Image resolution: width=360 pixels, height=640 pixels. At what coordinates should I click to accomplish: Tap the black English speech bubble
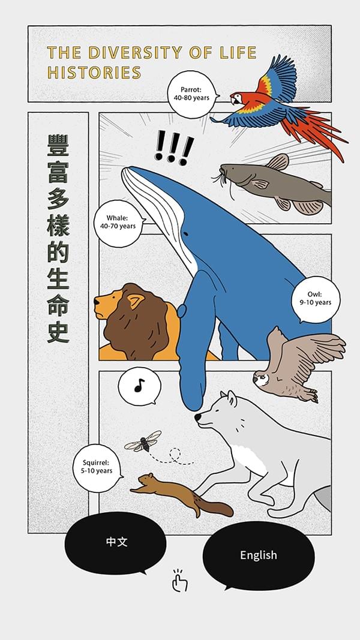click(x=259, y=555)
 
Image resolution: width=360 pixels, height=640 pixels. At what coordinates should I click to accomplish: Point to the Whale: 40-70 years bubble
click(x=119, y=223)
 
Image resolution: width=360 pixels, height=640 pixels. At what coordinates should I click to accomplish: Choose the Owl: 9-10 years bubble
click(x=316, y=299)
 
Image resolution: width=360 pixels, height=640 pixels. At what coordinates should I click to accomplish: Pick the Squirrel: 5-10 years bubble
click(x=97, y=467)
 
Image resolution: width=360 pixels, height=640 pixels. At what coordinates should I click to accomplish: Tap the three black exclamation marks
click(x=173, y=148)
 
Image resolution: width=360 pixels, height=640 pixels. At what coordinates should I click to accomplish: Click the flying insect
click(x=143, y=441)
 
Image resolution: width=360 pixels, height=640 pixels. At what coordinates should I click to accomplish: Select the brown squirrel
click(x=182, y=495)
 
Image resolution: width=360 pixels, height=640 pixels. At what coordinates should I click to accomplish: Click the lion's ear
click(x=136, y=301)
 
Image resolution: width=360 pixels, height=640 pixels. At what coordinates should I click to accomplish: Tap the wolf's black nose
click(x=197, y=417)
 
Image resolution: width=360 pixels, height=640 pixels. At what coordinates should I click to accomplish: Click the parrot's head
click(x=239, y=98)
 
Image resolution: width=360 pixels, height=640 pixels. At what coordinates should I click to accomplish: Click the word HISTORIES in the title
click(x=94, y=73)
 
